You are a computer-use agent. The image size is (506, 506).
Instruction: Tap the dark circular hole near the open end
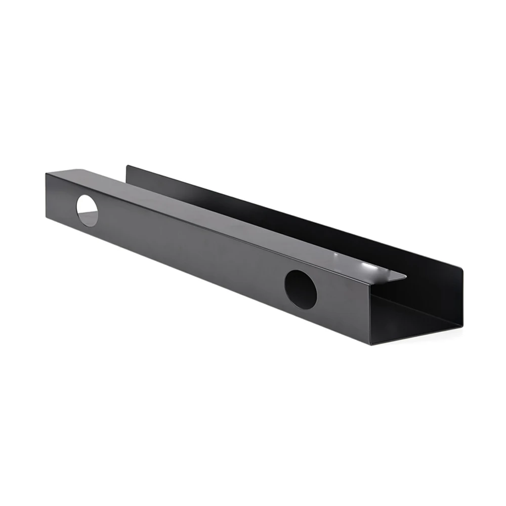301,289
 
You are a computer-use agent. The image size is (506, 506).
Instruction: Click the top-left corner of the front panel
46,174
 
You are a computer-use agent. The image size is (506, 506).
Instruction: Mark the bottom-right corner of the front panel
372,344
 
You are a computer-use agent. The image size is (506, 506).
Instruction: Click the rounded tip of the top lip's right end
405,277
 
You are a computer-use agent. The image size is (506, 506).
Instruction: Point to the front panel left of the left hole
61,197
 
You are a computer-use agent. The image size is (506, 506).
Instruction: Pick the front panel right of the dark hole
344,309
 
